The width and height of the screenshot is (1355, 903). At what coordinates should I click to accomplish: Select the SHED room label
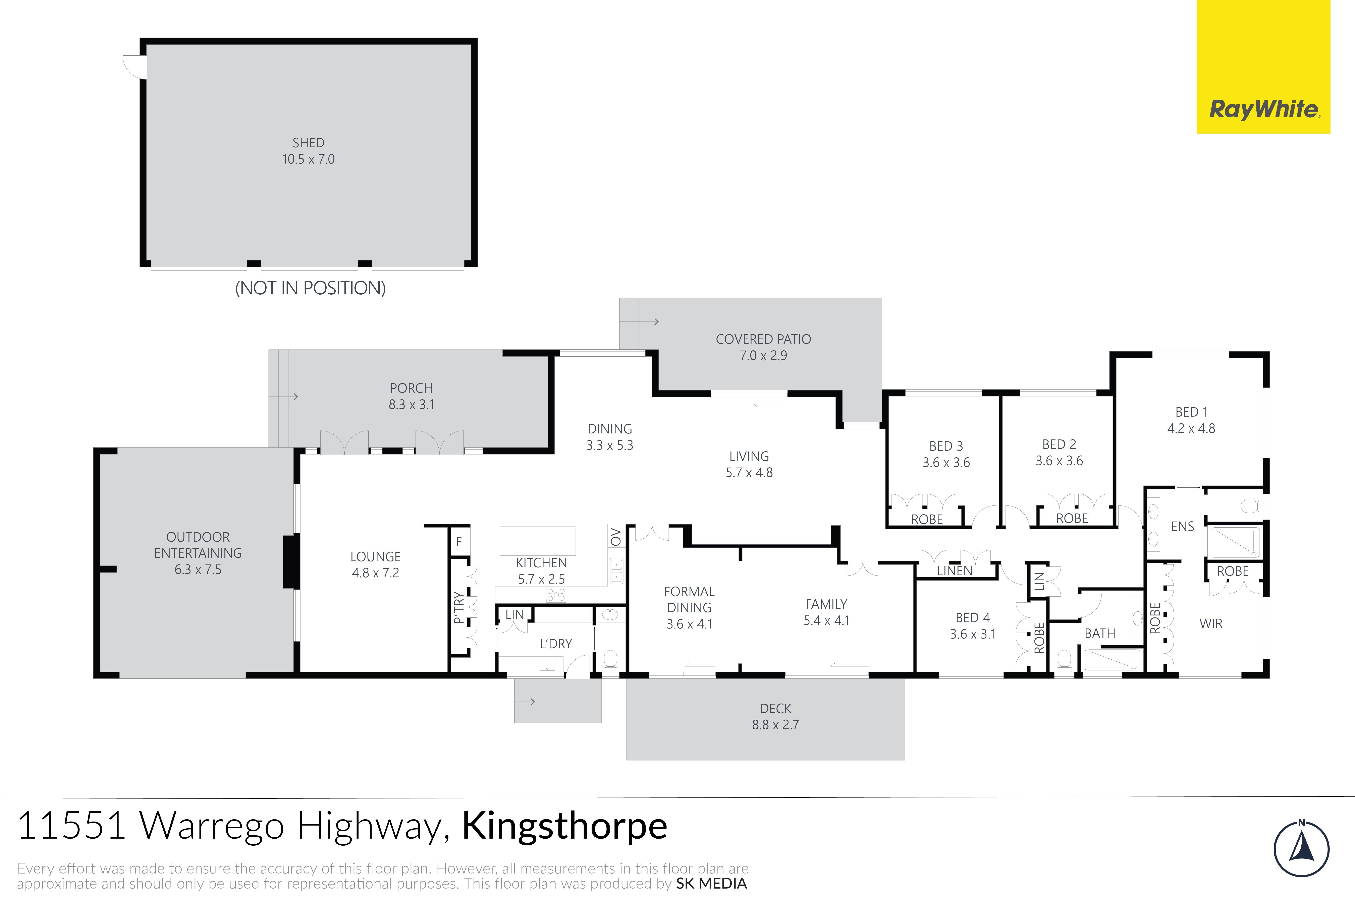[x=308, y=143]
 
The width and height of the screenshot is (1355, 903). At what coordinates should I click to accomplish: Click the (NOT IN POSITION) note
[x=310, y=288]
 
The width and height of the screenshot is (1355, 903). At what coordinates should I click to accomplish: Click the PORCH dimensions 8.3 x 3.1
[x=411, y=405]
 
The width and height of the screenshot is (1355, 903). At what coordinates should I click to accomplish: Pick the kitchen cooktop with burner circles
[x=556, y=594]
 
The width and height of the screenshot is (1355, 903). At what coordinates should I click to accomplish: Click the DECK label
[x=775, y=708]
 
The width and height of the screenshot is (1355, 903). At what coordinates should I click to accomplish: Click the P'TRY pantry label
[x=458, y=608]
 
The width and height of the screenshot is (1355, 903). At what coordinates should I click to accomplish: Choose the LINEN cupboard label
[x=955, y=571]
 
